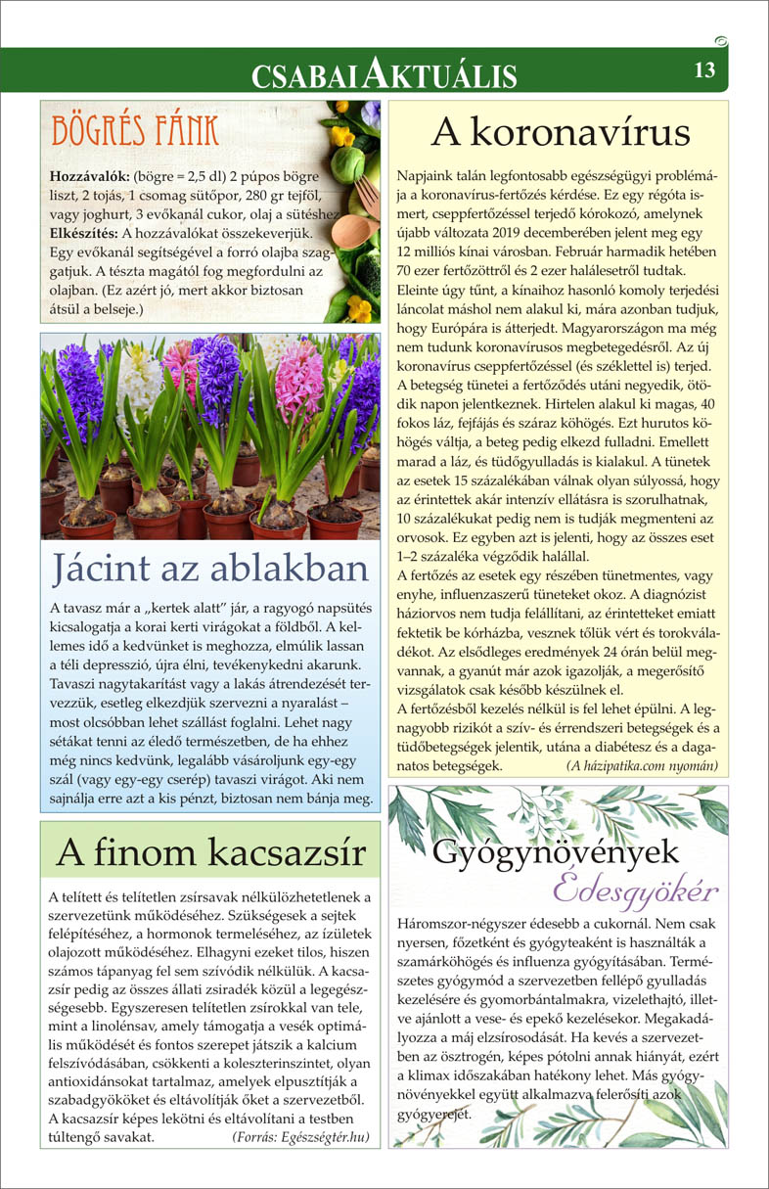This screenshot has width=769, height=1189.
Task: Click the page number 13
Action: [705, 70]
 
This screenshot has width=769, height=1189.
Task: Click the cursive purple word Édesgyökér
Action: [635, 892]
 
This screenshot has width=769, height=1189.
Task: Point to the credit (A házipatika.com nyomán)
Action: [642, 766]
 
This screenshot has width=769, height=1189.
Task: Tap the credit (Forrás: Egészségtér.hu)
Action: [301, 1137]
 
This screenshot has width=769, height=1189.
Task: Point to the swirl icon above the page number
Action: [721, 40]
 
